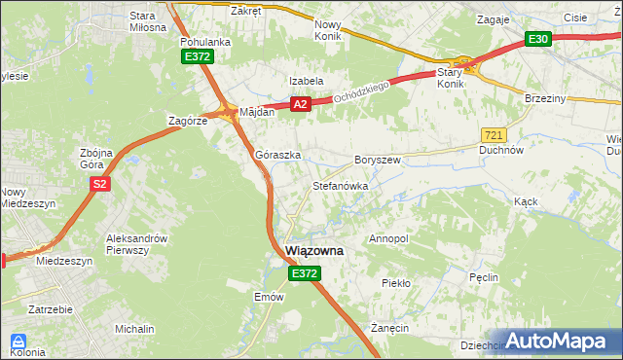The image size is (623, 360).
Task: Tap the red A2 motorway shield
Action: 300,104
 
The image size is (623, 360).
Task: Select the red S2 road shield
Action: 98,182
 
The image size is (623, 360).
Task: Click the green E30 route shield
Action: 538,39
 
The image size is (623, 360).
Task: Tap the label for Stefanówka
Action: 339,185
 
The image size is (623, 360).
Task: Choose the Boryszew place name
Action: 378,159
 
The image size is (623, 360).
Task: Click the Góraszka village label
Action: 277,155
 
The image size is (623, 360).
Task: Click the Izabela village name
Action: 305,81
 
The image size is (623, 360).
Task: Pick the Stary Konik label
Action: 451,78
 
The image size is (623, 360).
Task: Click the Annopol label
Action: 389,238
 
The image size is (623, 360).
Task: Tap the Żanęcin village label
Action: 389,328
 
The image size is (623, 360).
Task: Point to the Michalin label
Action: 134,330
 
